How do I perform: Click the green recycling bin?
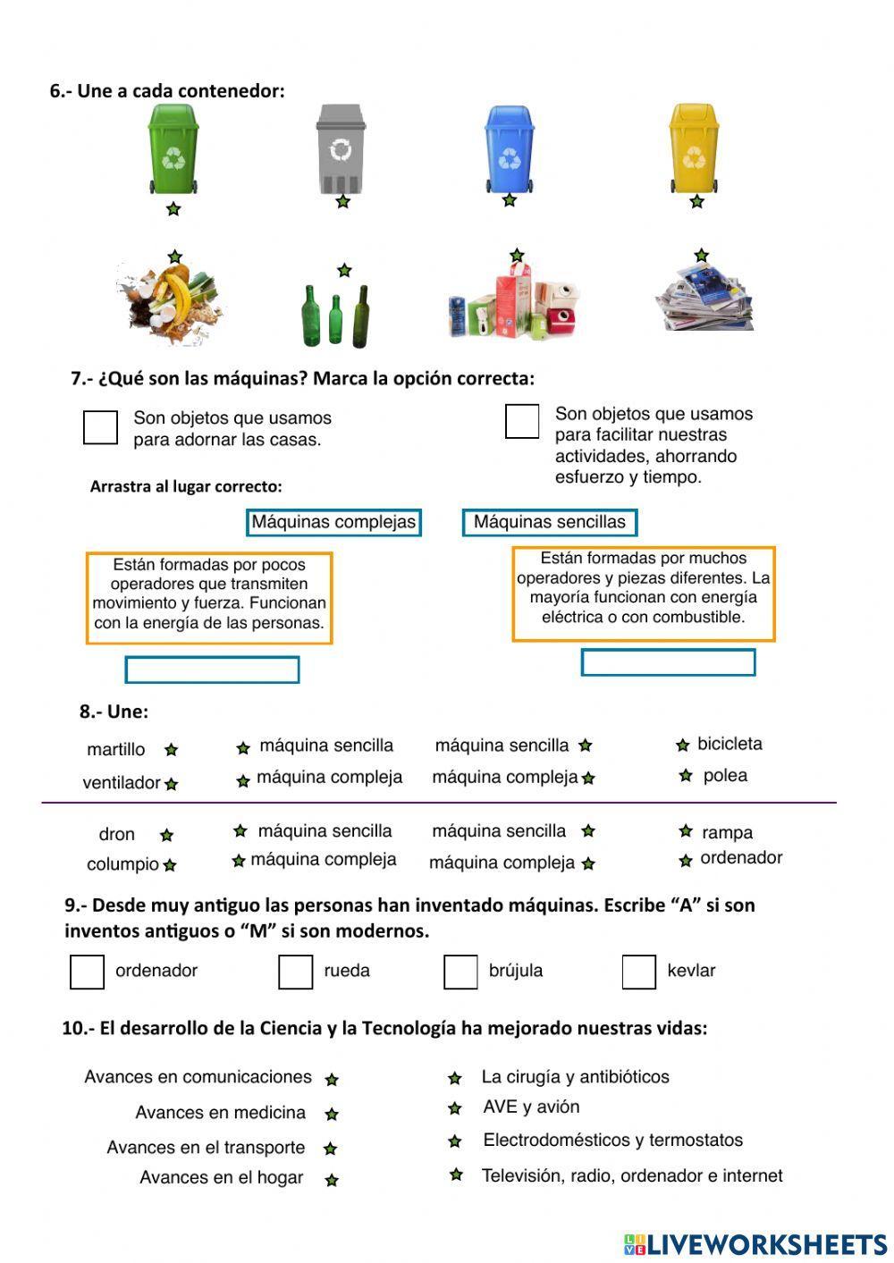coord(173,148)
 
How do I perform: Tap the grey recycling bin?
coord(341,148)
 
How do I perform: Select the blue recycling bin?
coord(510,148)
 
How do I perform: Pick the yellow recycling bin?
coord(694,148)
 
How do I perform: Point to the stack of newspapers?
coord(704,299)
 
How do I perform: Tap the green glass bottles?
coord(335,316)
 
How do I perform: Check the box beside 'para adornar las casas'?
coord(100,427)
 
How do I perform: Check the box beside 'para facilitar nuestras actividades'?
coord(522,421)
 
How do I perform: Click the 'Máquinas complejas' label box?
coord(333,522)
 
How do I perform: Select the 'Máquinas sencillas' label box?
coord(550,522)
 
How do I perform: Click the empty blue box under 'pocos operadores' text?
coord(212,669)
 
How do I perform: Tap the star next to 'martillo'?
coord(171,750)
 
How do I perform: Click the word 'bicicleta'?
coord(730,744)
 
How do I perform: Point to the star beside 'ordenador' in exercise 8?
coord(686,861)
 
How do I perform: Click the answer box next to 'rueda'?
coord(295,972)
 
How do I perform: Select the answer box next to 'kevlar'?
coord(638,972)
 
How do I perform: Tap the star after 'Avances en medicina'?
coord(332,1115)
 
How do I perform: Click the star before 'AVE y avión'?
coord(455,1108)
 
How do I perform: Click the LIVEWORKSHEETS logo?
coord(755,1243)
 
